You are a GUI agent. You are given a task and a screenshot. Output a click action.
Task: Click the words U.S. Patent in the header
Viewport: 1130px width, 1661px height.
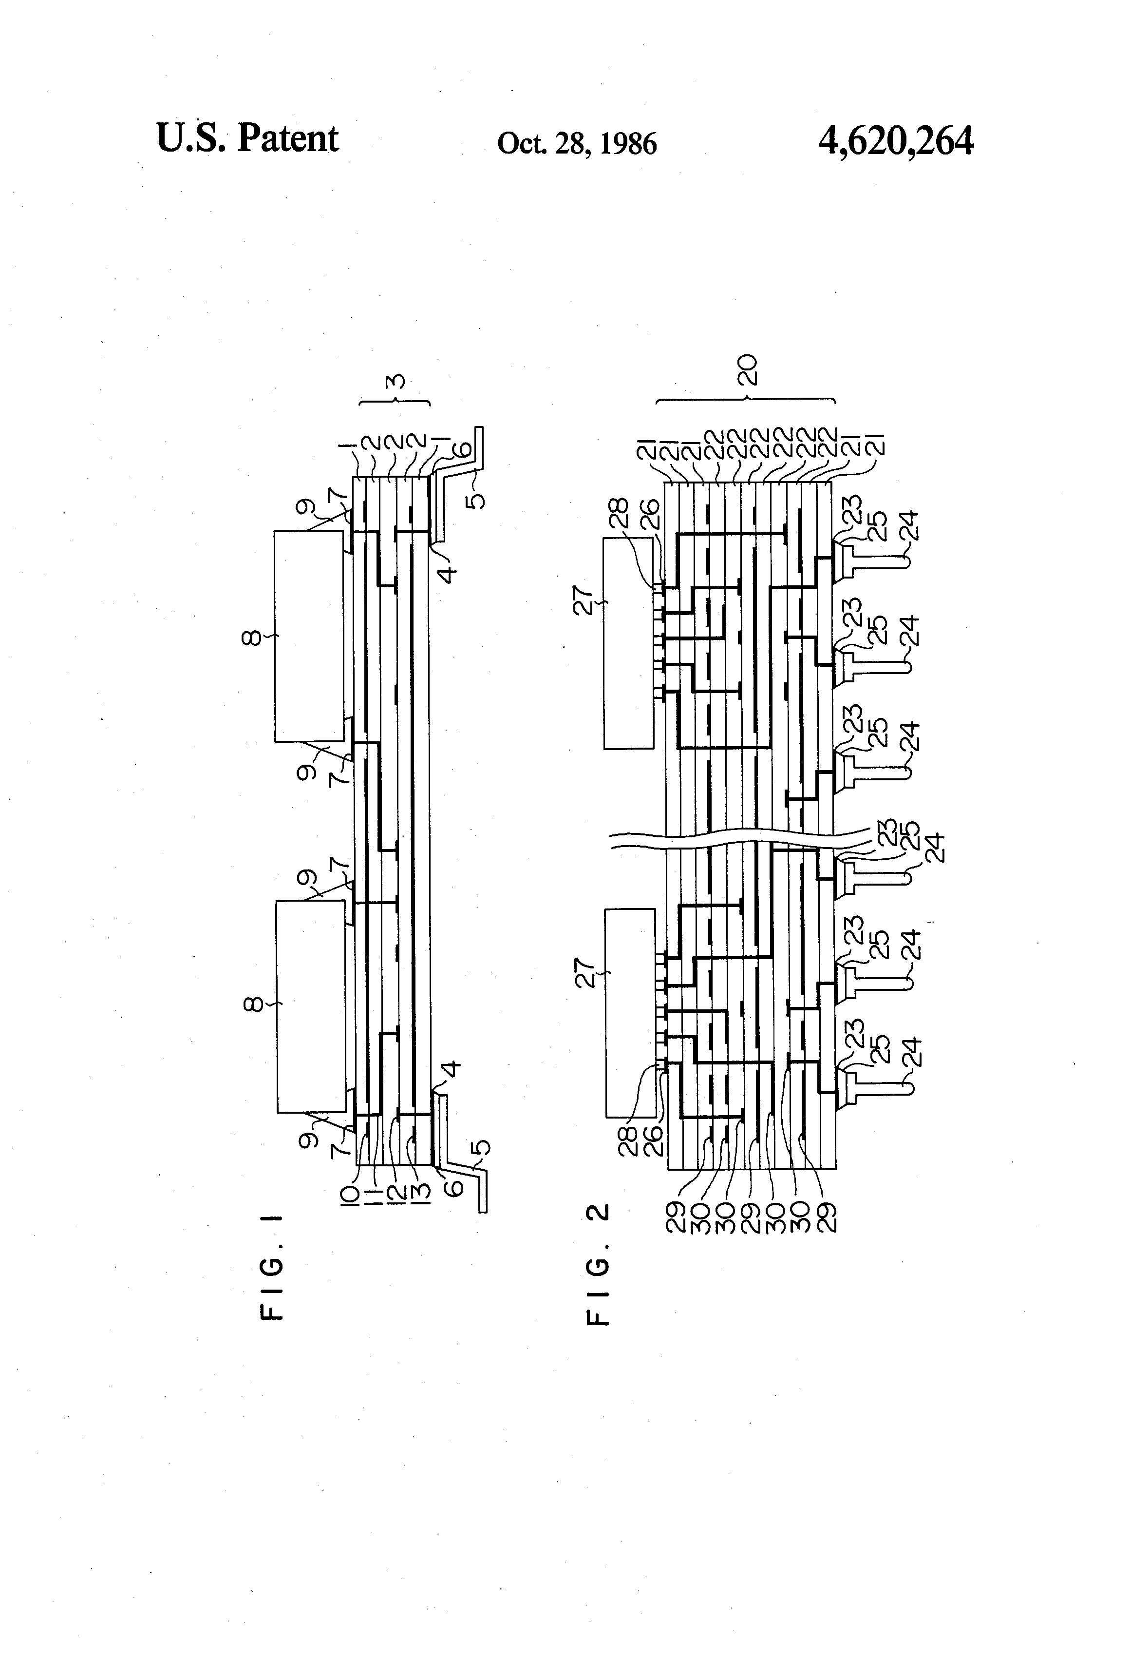click(246, 138)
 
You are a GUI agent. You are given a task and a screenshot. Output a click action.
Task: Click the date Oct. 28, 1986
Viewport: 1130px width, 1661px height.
click(576, 144)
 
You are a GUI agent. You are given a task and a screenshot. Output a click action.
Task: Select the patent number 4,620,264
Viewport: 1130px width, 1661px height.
click(895, 140)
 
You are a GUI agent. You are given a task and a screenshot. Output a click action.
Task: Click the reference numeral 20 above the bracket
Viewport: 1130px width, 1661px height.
click(747, 370)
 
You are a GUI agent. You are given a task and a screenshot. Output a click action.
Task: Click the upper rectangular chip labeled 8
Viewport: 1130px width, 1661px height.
click(309, 636)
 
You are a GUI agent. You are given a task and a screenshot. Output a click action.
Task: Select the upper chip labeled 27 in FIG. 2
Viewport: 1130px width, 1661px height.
click(629, 643)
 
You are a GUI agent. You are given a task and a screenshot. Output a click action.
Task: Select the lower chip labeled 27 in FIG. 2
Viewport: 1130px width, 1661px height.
click(630, 1013)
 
